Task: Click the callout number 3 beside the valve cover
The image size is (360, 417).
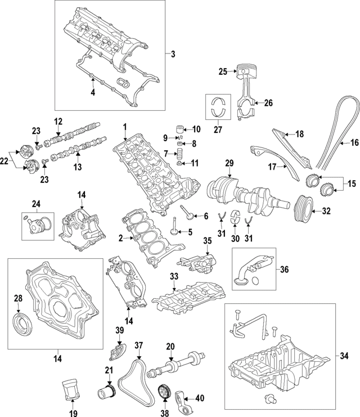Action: click(173, 54)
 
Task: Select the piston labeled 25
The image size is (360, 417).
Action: click(242, 73)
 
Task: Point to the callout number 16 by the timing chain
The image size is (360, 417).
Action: click(354, 143)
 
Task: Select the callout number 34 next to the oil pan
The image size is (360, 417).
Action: click(344, 355)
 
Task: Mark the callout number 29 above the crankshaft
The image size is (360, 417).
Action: click(229, 163)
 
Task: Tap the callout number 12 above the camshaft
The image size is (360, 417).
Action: click(58, 122)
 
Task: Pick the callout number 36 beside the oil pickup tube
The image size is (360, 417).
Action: click(284, 269)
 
